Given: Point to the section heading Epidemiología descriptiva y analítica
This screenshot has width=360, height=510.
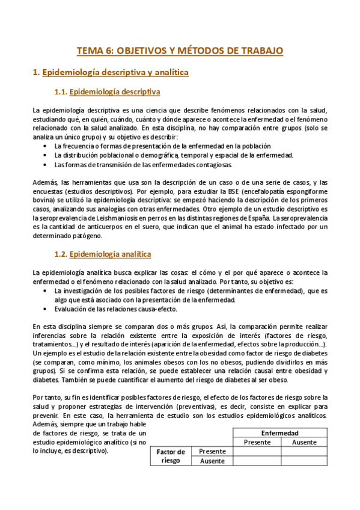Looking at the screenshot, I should (x=115, y=73).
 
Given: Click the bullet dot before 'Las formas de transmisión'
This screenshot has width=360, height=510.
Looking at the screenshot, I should (x=47, y=164).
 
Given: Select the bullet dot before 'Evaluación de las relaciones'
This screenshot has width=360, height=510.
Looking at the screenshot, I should (x=47, y=309).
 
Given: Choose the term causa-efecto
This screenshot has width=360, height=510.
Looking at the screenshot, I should (x=158, y=309).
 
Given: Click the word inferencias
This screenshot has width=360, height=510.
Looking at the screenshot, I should (x=52, y=336).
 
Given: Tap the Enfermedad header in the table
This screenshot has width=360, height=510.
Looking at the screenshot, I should (x=279, y=433).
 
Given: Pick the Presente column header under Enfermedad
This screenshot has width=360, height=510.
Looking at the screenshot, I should (x=257, y=442).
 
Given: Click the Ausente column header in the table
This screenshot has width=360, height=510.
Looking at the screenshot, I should (x=304, y=442).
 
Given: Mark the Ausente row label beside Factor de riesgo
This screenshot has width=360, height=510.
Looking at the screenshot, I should (x=212, y=461).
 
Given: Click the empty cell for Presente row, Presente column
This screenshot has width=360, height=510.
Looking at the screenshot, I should (x=257, y=451).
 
